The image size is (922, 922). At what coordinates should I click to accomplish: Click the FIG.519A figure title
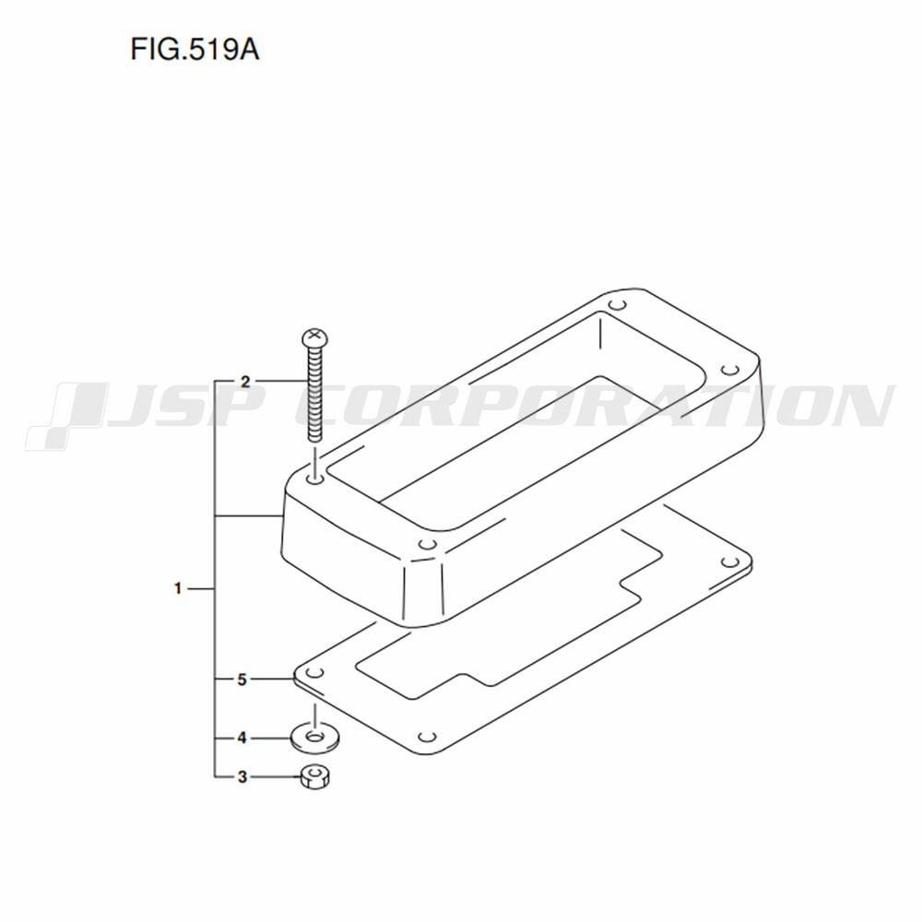click(x=195, y=50)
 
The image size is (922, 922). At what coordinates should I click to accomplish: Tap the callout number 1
click(x=178, y=588)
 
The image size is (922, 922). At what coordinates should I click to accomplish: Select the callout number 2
click(x=245, y=382)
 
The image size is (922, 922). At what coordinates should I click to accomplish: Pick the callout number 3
click(x=242, y=776)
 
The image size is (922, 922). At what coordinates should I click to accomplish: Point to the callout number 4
click(x=242, y=738)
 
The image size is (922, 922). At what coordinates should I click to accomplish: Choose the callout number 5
click(x=242, y=680)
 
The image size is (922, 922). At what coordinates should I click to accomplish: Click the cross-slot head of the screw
click(x=314, y=338)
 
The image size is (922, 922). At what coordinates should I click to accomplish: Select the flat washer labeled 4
click(x=315, y=736)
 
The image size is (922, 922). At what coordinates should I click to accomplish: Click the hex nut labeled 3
click(x=314, y=776)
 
